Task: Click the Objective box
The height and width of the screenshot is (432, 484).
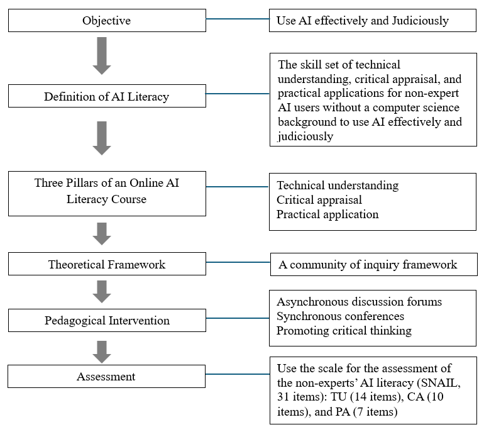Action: point(107,20)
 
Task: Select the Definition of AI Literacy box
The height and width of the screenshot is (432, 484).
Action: point(107,96)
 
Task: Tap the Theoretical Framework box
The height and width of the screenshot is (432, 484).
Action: point(107,264)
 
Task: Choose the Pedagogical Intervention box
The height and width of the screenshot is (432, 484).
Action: point(107,321)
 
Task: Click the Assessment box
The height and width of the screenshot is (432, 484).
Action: point(106,377)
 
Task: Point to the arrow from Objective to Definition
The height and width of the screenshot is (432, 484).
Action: point(102,56)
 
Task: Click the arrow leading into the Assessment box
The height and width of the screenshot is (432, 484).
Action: point(102,352)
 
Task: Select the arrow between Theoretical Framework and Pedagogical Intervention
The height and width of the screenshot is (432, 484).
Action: point(102,292)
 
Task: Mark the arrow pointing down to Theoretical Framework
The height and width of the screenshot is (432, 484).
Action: point(102,234)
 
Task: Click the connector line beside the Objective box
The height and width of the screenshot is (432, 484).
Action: point(238,19)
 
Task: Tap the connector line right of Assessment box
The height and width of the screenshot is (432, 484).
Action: point(238,374)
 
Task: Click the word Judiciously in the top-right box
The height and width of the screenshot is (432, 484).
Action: point(421,21)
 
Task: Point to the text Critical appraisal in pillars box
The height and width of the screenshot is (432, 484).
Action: point(319,200)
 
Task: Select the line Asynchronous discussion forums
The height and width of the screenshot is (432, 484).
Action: point(360,302)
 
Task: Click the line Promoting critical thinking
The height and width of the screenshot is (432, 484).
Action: point(344,331)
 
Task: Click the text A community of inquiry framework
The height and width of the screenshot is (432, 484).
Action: point(368,265)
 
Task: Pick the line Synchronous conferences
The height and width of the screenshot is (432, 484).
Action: point(340,316)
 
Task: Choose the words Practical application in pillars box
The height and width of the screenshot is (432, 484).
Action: point(327,214)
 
